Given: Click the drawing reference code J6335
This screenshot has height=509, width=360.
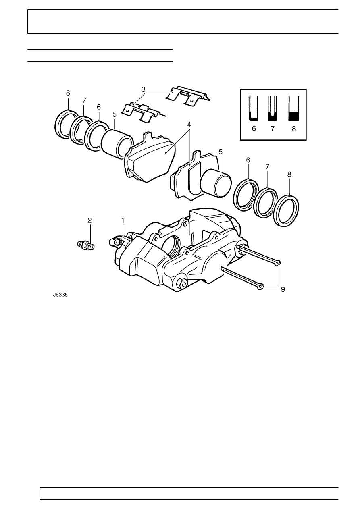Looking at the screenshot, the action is (x=60, y=295).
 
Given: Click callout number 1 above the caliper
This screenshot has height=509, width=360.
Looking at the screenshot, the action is (x=123, y=220).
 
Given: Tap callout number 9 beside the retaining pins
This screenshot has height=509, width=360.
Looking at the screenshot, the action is (x=283, y=289).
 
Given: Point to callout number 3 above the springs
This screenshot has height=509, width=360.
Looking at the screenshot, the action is (x=143, y=89).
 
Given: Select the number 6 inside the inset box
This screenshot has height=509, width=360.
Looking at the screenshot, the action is (x=254, y=129).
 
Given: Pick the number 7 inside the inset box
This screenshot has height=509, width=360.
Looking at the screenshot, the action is (x=273, y=129).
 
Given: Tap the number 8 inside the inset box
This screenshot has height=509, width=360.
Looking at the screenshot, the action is (x=294, y=129).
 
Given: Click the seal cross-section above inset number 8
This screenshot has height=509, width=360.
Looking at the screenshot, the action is (x=293, y=108).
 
